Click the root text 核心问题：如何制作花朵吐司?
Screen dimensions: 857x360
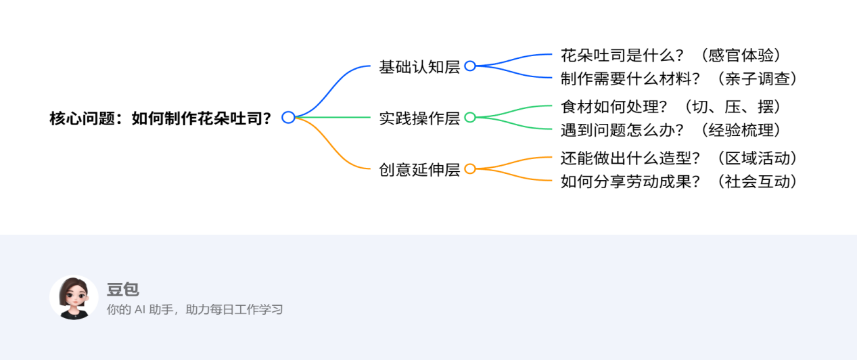point(160,118)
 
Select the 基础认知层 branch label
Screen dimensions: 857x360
point(419,67)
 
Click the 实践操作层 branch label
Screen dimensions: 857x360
point(419,118)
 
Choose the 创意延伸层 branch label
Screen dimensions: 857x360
point(419,169)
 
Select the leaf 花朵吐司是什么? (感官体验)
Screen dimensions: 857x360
point(671,55)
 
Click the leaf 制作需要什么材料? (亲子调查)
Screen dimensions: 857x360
point(679,78)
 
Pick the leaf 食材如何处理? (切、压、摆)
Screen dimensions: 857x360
point(671,107)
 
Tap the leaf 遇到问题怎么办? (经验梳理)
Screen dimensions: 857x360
point(671,130)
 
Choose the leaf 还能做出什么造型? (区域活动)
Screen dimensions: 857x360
point(679,158)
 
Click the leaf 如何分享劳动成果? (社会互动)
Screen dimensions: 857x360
point(679,181)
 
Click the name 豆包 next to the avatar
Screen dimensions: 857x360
point(122,289)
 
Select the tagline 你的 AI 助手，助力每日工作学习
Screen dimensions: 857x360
point(195,309)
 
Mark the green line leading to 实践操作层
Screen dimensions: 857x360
point(333,117)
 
